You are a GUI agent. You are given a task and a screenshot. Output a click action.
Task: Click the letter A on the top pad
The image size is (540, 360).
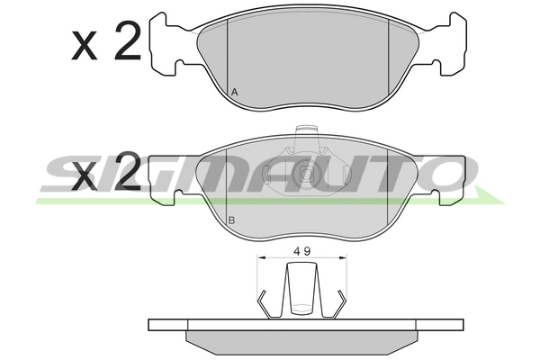click(235, 92)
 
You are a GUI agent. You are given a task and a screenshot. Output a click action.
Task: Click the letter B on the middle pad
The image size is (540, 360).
click(232, 220)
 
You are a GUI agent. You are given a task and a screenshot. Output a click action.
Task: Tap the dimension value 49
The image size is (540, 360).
click(302, 251)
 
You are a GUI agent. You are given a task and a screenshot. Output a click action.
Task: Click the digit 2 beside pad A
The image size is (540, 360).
click(128, 40)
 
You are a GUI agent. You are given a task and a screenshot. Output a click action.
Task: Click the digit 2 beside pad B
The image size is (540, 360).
click(128, 171)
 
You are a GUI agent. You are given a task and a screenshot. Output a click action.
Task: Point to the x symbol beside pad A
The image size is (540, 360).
click(84, 46)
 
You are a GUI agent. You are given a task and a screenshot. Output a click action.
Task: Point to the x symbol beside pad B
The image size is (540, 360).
click(84, 177)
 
